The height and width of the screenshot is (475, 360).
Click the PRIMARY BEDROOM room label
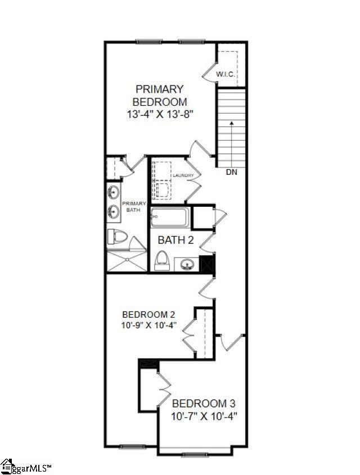(x=160, y=96)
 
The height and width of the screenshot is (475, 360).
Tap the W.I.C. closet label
(x=225, y=74)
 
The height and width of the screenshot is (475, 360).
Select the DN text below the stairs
(x=232, y=172)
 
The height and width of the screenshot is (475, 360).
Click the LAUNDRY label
(x=183, y=175)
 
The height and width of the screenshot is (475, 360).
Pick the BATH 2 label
(x=175, y=240)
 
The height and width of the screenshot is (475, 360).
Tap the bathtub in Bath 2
(x=170, y=217)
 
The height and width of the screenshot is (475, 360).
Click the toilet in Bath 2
(x=162, y=261)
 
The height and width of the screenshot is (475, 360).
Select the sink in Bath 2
(x=186, y=264)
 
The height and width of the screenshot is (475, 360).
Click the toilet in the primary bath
(x=118, y=236)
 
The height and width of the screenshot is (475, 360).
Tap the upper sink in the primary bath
(x=113, y=192)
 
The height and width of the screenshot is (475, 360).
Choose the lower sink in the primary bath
(x=113, y=211)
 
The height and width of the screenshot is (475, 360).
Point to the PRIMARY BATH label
(x=134, y=206)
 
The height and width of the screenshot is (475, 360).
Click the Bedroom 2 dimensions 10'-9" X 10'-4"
(x=149, y=325)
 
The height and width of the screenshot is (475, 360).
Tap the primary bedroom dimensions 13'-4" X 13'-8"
(x=160, y=115)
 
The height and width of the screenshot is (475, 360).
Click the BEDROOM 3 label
(x=204, y=404)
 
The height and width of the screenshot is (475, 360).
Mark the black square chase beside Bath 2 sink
(x=207, y=264)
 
